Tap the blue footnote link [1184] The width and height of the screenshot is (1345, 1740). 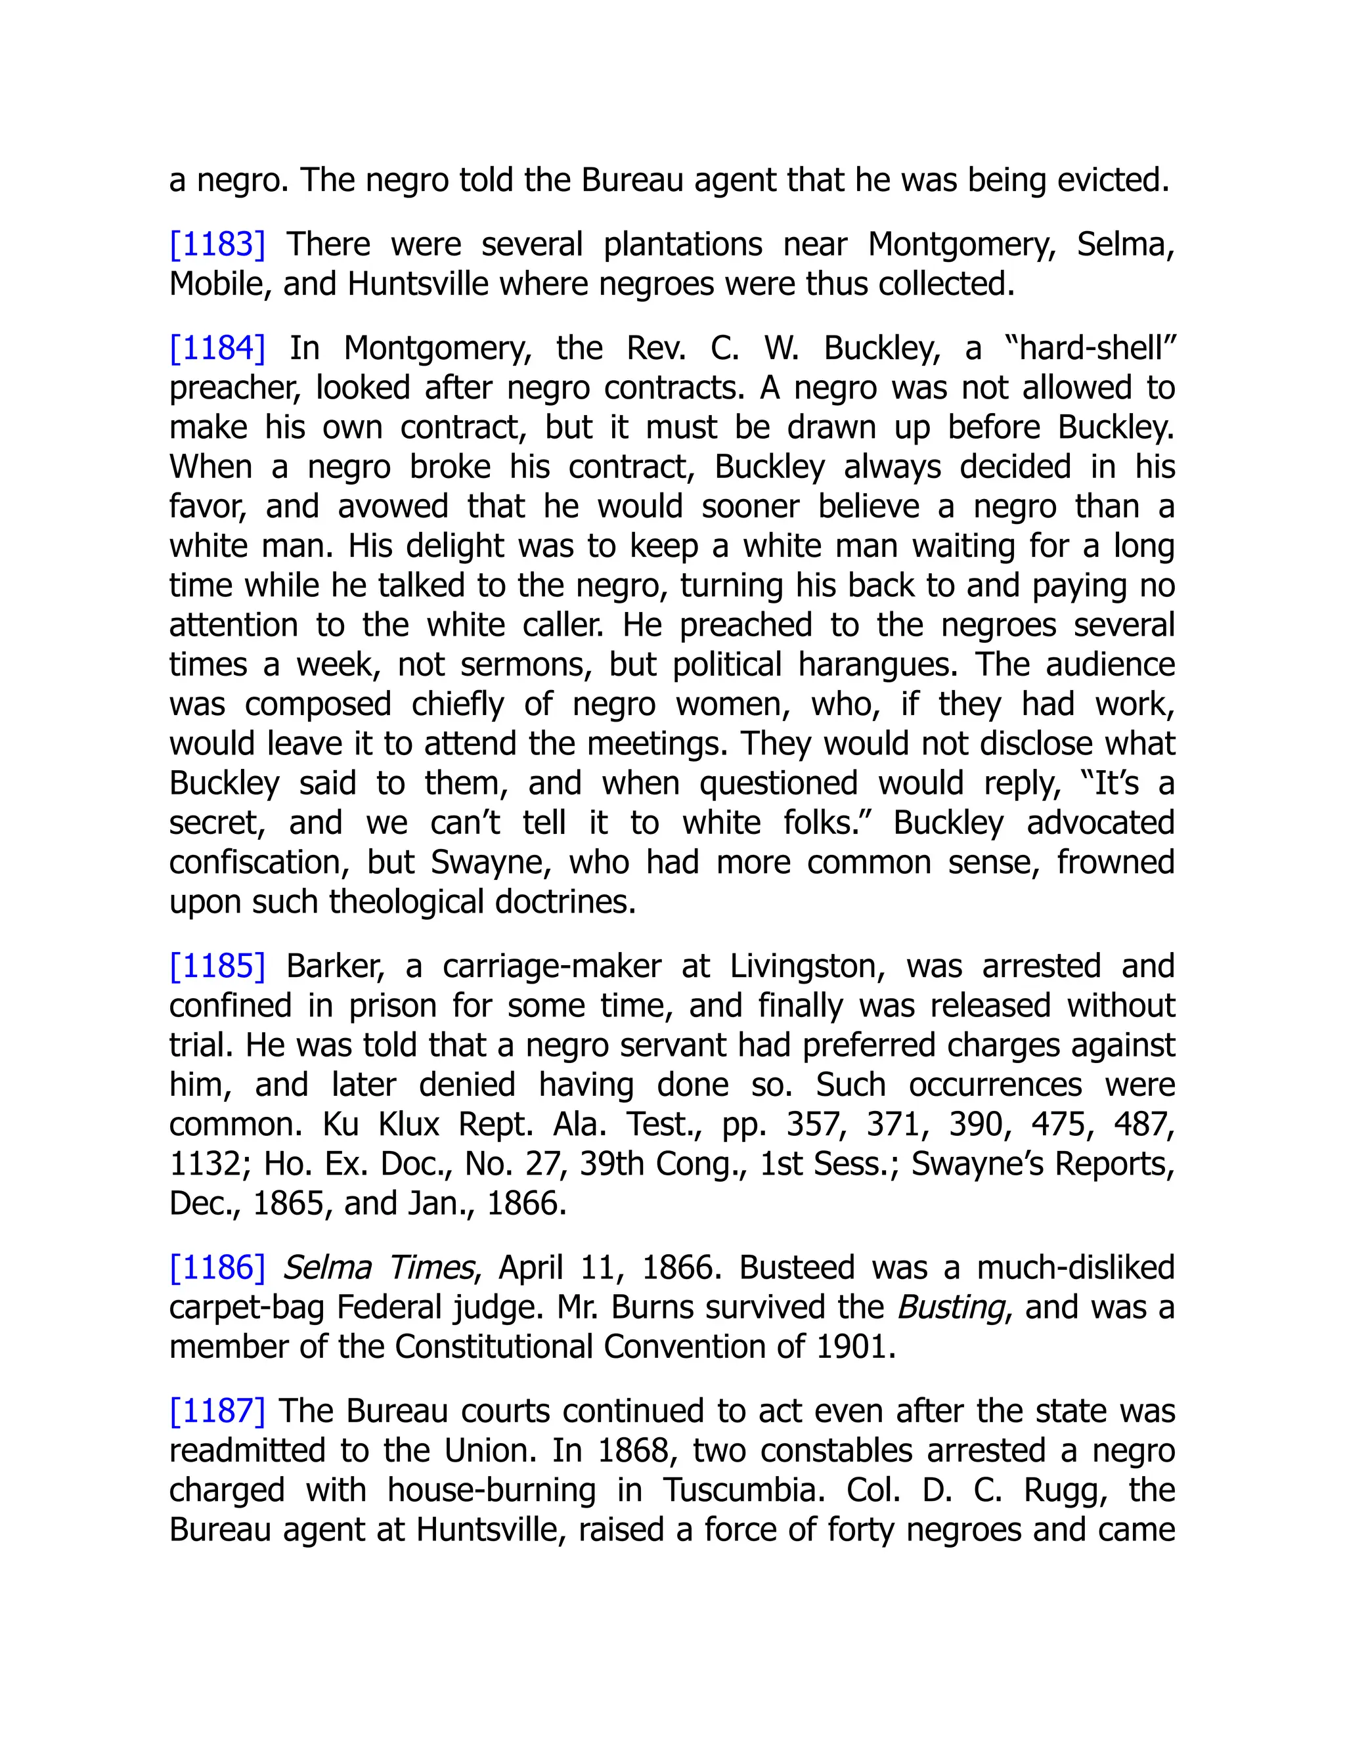coord(217,348)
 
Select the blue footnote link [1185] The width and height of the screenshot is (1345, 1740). coord(217,967)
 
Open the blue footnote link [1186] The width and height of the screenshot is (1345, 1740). coord(217,1267)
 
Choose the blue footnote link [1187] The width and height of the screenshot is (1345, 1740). coord(217,1411)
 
